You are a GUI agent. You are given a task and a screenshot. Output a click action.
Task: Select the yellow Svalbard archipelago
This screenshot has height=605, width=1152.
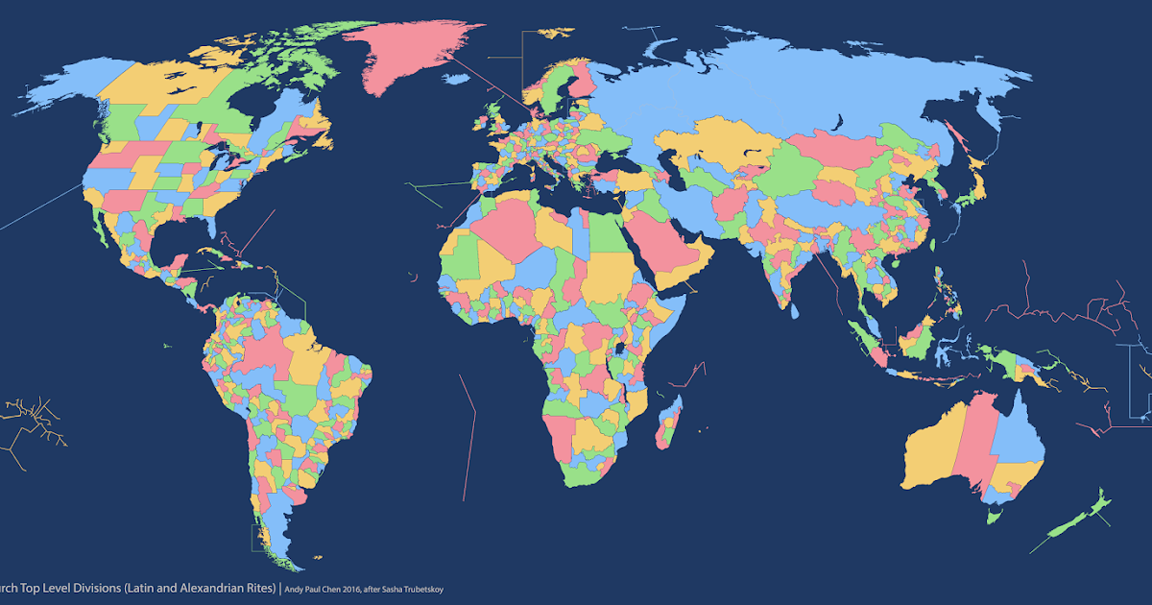click(x=556, y=33)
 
